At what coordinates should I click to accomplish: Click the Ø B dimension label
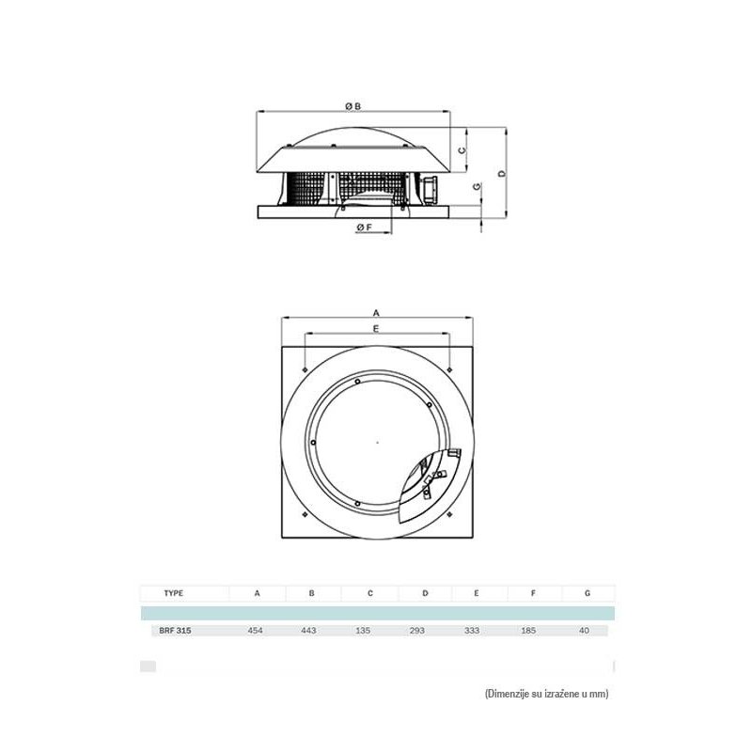click(x=353, y=106)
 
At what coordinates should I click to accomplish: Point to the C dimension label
click(x=462, y=150)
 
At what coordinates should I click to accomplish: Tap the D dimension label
click(x=502, y=173)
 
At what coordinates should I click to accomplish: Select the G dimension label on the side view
click(x=477, y=186)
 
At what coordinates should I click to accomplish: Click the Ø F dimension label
click(x=365, y=227)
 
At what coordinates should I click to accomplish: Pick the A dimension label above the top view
click(x=377, y=313)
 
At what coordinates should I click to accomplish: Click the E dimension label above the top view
click(x=376, y=328)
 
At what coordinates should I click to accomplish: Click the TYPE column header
click(x=174, y=593)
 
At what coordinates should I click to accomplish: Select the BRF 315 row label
click(x=175, y=631)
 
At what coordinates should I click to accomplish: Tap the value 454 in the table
click(x=255, y=631)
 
